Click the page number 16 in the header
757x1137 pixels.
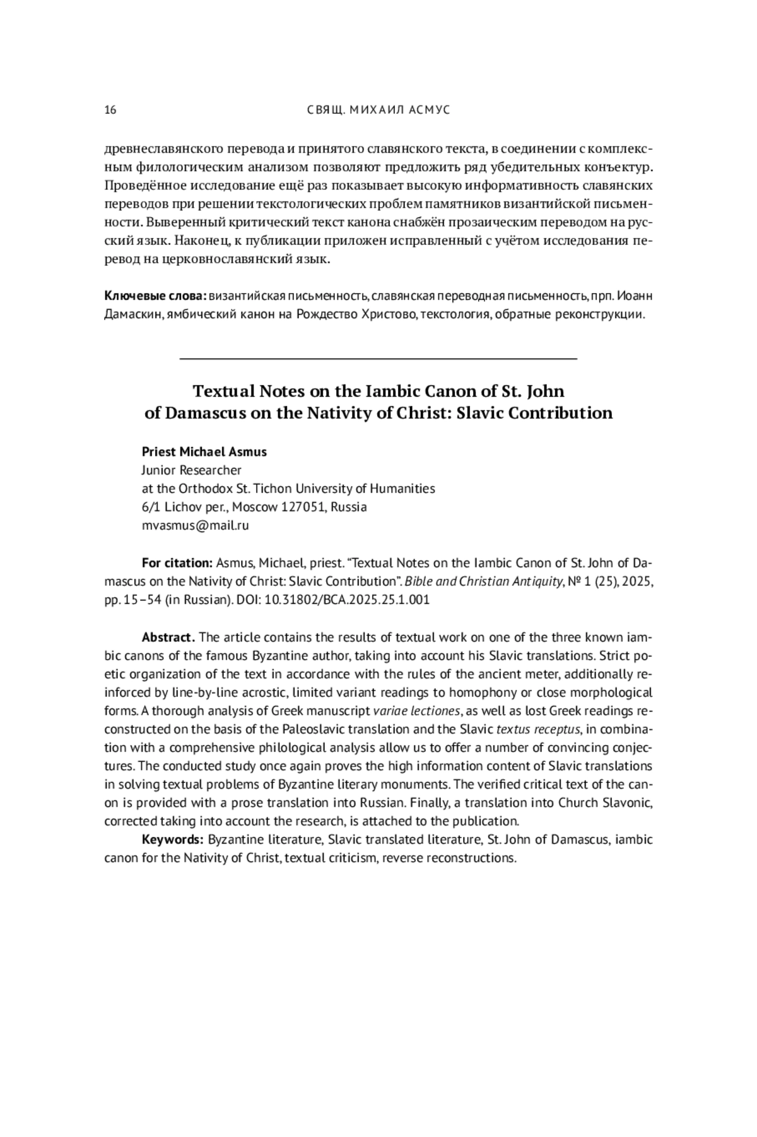(110, 110)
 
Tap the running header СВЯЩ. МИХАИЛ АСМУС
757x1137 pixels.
(378, 110)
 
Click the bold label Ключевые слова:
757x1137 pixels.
(155, 296)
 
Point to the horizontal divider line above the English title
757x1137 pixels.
(378, 359)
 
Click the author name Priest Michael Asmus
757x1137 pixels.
(204, 452)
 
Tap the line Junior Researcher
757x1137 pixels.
(191, 470)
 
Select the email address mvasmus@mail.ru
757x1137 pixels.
(195, 525)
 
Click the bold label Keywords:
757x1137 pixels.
(172, 840)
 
